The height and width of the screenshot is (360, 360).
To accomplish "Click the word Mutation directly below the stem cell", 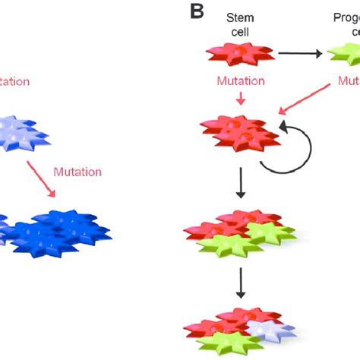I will (x=239, y=80).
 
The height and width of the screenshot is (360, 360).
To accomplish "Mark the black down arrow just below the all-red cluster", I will (x=240, y=187).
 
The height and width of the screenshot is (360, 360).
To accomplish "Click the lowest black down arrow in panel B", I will (x=240, y=281).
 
